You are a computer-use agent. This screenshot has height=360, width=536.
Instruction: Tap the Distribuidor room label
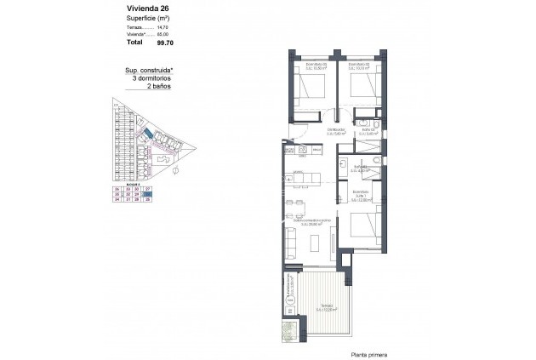tap(314, 132)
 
